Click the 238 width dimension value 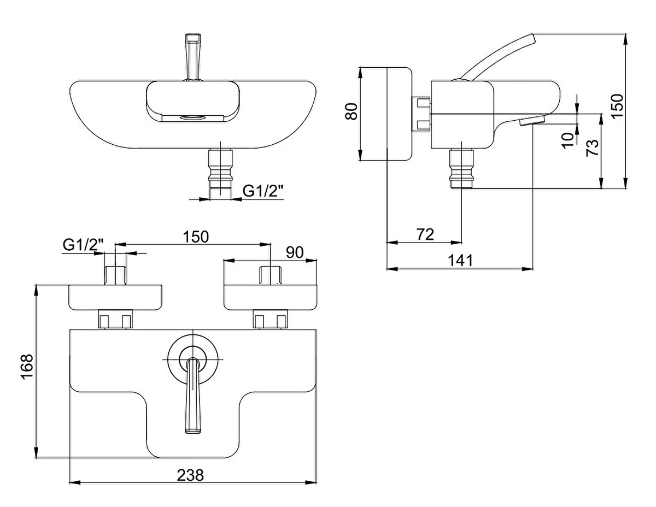click(x=190, y=475)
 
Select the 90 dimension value click(x=295, y=252)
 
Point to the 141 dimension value click(x=461, y=261)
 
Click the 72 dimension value click(x=425, y=235)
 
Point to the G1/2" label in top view click(x=263, y=191)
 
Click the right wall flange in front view click(x=270, y=297)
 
